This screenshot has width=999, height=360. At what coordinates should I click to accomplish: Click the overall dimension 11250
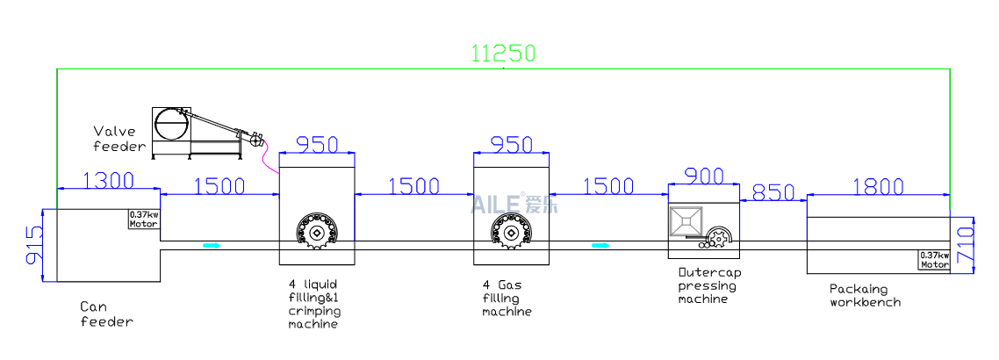(503, 54)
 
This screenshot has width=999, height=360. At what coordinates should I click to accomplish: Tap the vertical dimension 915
(34, 246)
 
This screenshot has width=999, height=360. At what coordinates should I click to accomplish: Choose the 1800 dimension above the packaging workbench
(877, 185)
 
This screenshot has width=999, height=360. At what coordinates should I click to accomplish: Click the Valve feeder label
(114, 140)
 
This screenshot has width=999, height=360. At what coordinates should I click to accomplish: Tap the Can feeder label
(106, 314)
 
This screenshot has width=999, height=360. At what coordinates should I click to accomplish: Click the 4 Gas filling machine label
(507, 299)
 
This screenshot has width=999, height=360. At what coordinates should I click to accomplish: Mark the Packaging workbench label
(865, 295)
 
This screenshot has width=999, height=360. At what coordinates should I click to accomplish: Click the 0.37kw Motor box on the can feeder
(144, 219)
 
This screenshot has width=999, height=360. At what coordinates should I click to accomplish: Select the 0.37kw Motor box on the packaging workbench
(934, 261)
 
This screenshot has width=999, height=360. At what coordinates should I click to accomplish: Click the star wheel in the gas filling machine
(510, 232)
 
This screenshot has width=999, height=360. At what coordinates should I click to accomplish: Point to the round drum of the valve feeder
(171, 125)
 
